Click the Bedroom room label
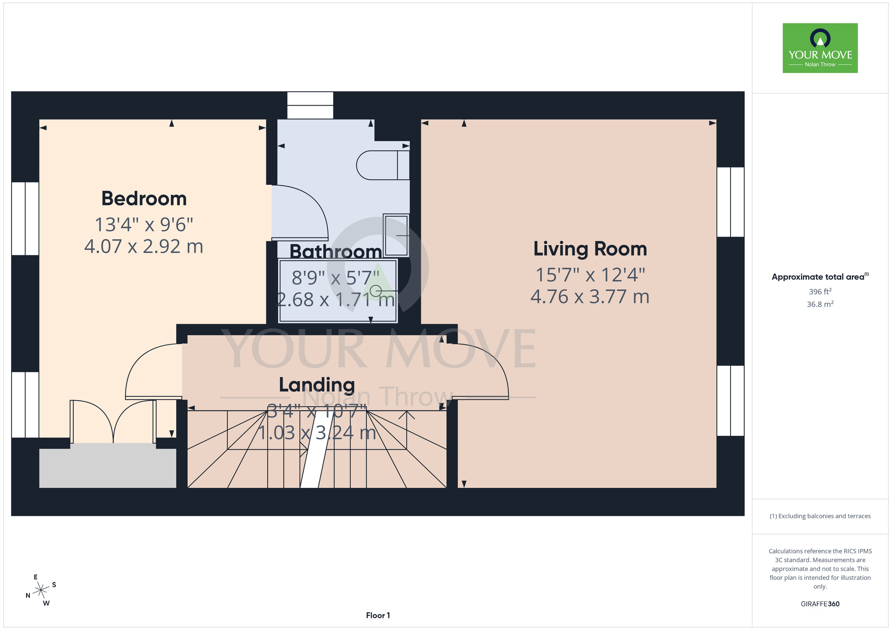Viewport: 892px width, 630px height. [x=144, y=199]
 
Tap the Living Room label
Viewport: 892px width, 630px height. [x=590, y=249]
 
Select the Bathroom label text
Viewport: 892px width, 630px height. [x=336, y=252]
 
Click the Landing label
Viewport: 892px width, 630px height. [x=317, y=385]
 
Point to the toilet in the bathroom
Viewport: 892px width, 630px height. [x=383, y=165]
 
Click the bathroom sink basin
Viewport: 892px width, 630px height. [x=396, y=235]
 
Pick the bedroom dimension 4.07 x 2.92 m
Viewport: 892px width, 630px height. [x=144, y=246]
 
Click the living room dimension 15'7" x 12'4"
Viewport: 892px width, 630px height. [x=590, y=275]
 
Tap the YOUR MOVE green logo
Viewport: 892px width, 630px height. [x=820, y=48]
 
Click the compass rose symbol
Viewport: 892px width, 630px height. [x=41, y=590]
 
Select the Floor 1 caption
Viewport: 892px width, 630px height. [x=378, y=615]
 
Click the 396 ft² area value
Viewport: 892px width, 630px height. [x=820, y=291]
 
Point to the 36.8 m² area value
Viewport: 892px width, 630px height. [x=820, y=304]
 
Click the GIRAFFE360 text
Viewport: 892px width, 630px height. [x=820, y=604]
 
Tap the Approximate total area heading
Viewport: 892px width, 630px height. [x=820, y=277]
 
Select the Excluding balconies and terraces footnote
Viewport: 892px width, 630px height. [x=820, y=516]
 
